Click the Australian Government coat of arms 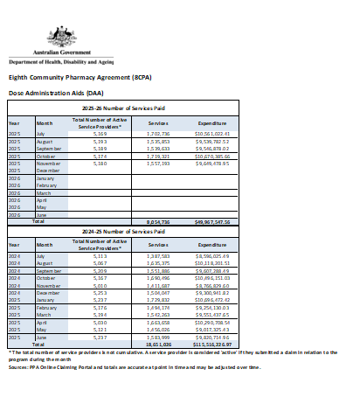(x=61, y=37)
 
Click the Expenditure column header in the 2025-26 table (x=212, y=123)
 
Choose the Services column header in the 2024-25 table (x=158, y=246)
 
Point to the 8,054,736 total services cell (x=158, y=221)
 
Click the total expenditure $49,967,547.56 (x=212, y=221)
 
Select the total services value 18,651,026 (x=158, y=345)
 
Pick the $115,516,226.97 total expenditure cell (x=212, y=345)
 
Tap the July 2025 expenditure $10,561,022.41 (x=212, y=133)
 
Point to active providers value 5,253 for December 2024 (x=102, y=293)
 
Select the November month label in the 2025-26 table (x=48, y=163)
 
